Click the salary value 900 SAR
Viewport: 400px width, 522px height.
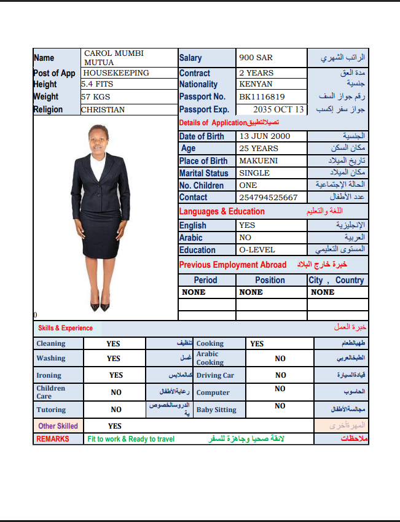256,58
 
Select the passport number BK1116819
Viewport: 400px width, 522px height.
262,96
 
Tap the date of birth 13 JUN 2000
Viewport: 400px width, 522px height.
265,136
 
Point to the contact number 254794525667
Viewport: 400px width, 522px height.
269,198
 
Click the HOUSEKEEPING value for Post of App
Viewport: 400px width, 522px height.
116,73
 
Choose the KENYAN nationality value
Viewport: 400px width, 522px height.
256,84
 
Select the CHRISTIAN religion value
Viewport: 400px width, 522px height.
103,110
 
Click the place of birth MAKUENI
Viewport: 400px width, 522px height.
259,161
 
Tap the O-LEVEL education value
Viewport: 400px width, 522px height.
257,250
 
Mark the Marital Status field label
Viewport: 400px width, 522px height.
203,173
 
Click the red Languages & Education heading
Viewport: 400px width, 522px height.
222,211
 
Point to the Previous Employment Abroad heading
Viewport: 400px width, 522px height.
233,265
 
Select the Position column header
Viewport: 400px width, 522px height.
270,280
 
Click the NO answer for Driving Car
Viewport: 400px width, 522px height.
280,375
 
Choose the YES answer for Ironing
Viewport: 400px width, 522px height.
116,375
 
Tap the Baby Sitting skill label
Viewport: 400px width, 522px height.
216,410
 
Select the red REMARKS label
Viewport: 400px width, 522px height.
53,439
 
